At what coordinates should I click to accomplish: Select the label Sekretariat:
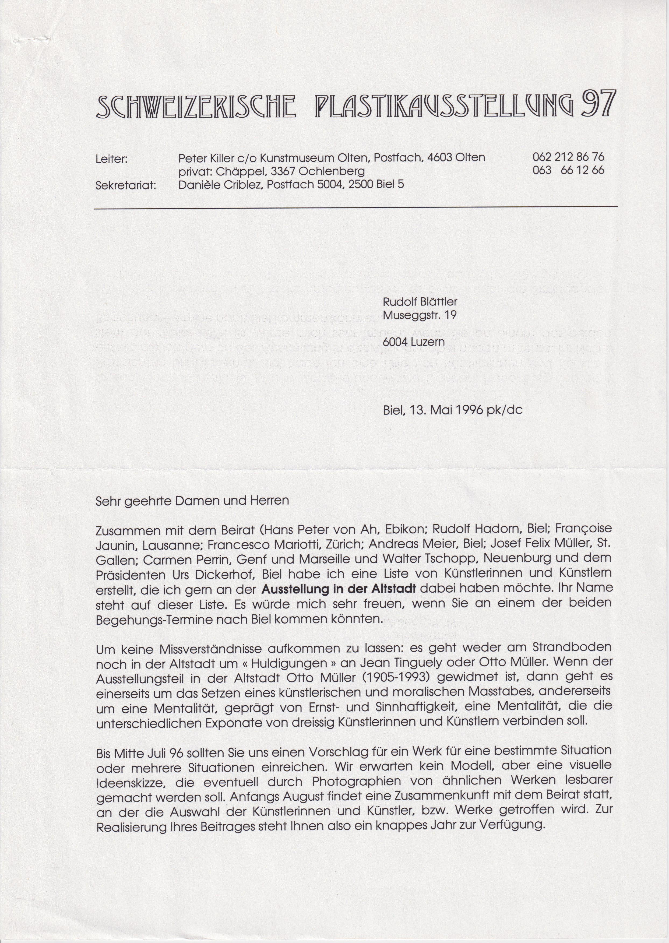(126, 185)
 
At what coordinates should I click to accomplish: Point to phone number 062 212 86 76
(568, 157)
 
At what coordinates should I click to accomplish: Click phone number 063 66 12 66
(568, 170)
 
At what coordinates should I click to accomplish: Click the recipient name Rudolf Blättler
(420, 302)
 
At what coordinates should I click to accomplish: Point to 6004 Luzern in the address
(414, 342)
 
